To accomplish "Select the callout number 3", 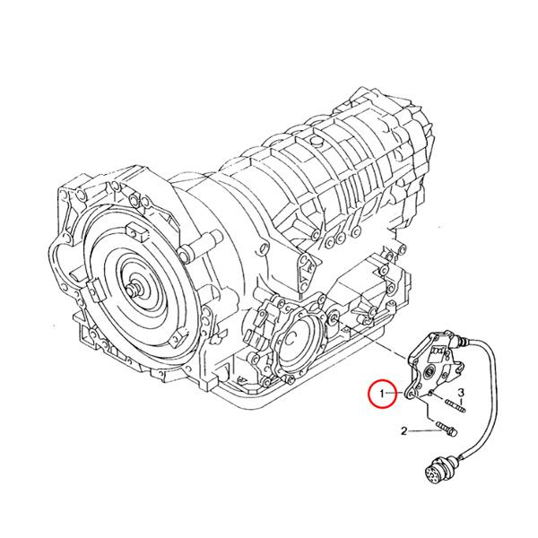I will (461, 394).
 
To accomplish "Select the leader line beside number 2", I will (422, 432).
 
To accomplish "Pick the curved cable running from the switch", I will (493, 386).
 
